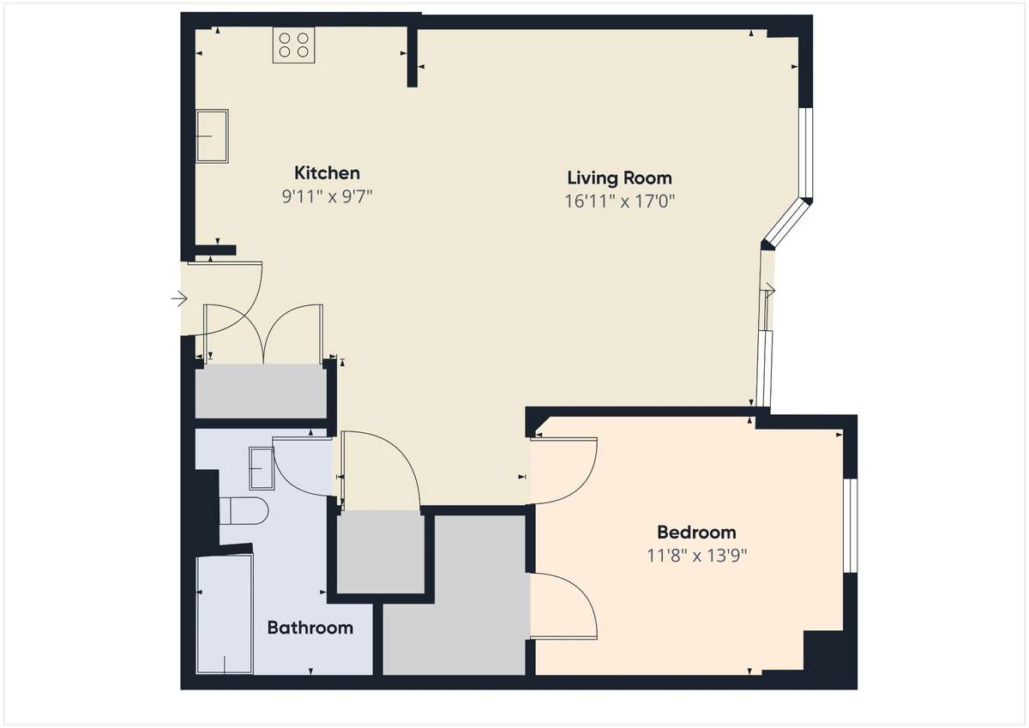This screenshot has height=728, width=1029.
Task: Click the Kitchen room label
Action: pyautogui.click(x=327, y=173)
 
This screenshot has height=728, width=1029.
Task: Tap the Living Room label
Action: pyautogui.click(x=619, y=178)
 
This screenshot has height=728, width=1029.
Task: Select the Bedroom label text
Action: pyautogui.click(x=696, y=532)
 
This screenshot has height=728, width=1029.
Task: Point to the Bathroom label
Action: pyautogui.click(x=310, y=628)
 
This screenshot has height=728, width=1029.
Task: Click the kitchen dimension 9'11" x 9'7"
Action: pyautogui.click(x=327, y=197)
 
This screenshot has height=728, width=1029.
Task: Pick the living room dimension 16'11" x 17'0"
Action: pyautogui.click(x=619, y=202)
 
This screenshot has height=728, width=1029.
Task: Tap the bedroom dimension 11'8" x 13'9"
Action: pyautogui.click(x=696, y=556)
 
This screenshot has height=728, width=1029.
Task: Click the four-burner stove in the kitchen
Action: pyautogui.click(x=293, y=45)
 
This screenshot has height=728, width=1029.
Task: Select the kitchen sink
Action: pyautogui.click(x=213, y=136)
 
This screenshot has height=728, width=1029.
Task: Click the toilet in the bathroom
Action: pyautogui.click(x=244, y=511)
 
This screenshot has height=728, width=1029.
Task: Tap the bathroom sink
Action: pyautogui.click(x=262, y=468)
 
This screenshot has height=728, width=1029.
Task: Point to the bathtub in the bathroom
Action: pyautogui.click(x=225, y=615)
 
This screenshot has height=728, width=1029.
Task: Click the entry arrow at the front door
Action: pyautogui.click(x=179, y=299)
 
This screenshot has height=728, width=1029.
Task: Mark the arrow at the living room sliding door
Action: pyautogui.click(x=768, y=291)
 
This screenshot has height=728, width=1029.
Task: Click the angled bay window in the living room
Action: pyautogui.click(x=787, y=223)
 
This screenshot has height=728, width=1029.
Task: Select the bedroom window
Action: pyautogui.click(x=851, y=526)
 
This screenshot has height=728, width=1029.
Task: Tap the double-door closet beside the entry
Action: pyautogui.click(x=261, y=391)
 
